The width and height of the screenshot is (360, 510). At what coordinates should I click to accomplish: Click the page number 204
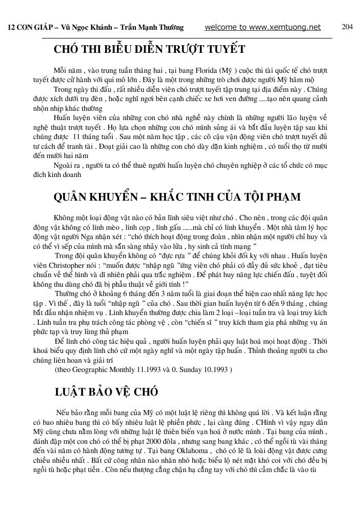click(347, 27)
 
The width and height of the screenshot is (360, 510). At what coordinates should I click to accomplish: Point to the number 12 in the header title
click(10, 28)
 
